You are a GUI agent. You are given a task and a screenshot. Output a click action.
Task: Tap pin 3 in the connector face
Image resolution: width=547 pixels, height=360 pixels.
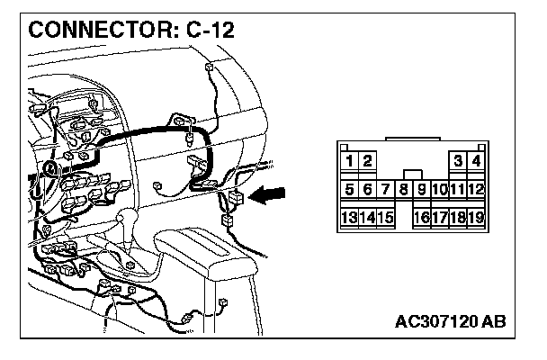point(459,161)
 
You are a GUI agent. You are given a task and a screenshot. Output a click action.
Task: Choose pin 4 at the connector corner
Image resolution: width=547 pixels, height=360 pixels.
point(476,161)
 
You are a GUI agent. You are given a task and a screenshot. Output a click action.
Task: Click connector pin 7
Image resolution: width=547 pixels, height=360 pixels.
point(385,189)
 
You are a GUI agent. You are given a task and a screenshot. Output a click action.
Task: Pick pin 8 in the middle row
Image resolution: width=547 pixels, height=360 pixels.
point(404,189)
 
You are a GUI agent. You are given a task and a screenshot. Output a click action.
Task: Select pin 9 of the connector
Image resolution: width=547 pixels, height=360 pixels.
point(421,189)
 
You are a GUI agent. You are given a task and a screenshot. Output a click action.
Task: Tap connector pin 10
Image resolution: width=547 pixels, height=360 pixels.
point(439,189)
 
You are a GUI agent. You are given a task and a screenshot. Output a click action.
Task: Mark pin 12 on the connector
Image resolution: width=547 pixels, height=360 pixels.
point(476,189)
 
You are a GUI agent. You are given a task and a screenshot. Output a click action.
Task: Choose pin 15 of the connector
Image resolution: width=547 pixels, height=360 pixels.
point(385,217)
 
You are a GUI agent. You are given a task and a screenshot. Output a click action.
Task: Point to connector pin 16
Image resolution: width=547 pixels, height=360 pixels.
point(421,217)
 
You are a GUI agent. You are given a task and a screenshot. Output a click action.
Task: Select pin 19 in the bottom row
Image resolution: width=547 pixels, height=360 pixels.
point(476,217)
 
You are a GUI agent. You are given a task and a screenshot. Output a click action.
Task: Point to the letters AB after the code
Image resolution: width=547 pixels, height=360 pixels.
point(494,320)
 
